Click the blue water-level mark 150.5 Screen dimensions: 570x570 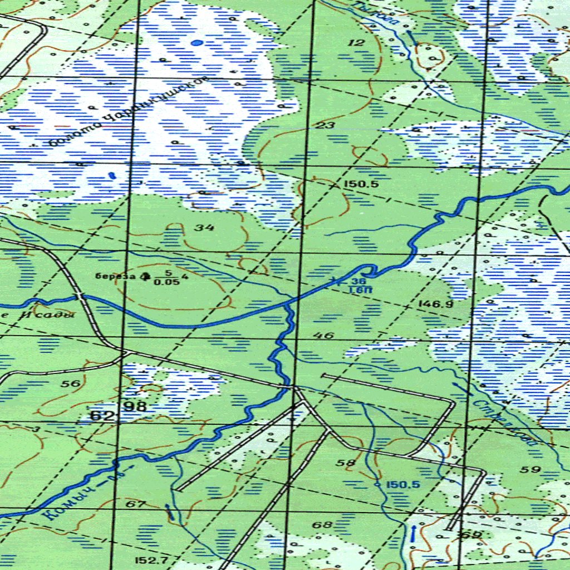click(x=403, y=485)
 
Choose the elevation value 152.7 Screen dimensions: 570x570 click(x=150, y=559)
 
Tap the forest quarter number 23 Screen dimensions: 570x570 click(x=325, y=126)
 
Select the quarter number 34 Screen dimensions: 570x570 click(x=205, y=227)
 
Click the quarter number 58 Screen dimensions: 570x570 click(x=346, y=463)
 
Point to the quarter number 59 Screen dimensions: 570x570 click(x=531, y=469)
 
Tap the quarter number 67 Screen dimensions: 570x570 click(x=136, y=505)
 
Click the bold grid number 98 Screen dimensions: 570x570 click(x=135, y=406)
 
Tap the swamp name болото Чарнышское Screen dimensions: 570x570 click(x=128, y=112)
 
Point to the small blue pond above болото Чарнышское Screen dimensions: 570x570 click(x=196, y=42)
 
